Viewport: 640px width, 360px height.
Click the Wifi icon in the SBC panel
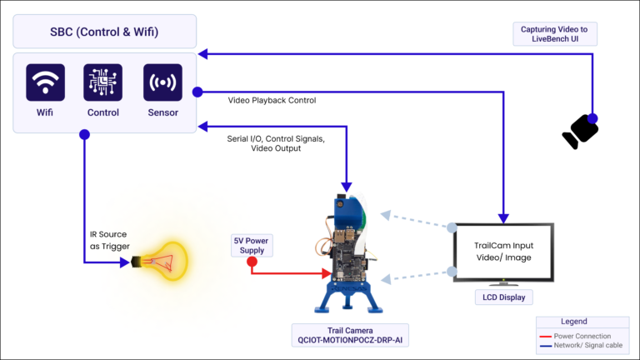[x=45, y=83]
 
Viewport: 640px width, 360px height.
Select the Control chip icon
[x=102, y=83]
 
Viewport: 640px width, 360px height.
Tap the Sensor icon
[x=162, y=83]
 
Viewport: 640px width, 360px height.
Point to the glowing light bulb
[x=167, y=262]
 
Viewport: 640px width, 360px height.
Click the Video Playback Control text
[x=272, y=100]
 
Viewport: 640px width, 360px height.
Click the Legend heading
[x=582, y=321]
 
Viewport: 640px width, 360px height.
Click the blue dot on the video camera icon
[x=592, y=117]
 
